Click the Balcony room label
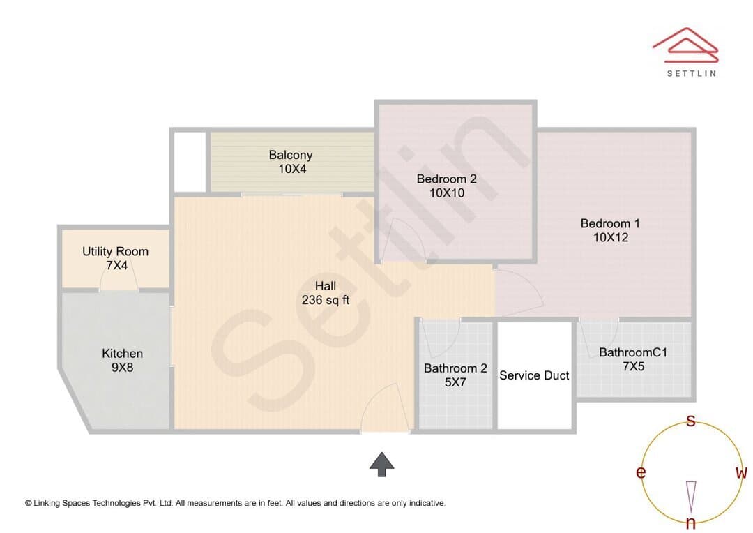click(291, 155)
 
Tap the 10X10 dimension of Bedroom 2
click(447, 193)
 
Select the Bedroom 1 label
click(610, 223)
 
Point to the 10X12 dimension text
click(610, 237)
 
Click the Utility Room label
click(115, 251)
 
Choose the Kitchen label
click(123, 354)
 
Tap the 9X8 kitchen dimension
click(123, 368)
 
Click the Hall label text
click(325, 286)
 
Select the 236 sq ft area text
click(325, 301)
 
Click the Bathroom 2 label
click(455, 368)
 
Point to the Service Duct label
click(534, 375)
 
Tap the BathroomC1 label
click(633, 352)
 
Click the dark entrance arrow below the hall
click(382, 464)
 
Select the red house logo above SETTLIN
click(685, 45)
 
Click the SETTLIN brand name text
click(692, 73)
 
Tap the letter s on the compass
click(690, 421)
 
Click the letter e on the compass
click(641, 472)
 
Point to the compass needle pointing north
click(691, 497)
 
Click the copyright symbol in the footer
click(29, 503)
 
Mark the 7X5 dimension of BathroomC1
click(633, 367)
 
